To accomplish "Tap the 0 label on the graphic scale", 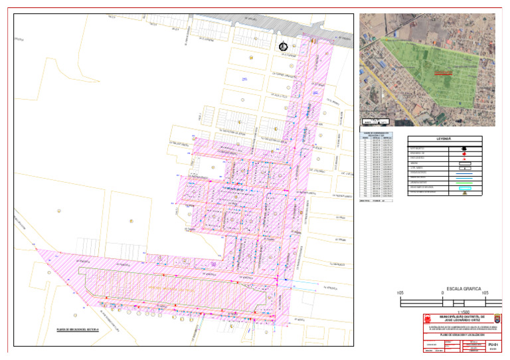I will [442, 294].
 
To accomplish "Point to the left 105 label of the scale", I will [400, 294].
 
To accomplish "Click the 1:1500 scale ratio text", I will [442, 311].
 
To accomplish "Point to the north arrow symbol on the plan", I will [283, 46].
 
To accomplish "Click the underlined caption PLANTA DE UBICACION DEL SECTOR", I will [78, 329].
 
